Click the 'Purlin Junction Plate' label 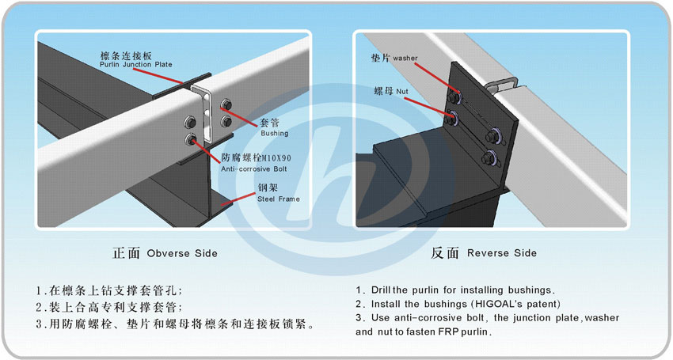[135, 64]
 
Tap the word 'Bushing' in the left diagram [274, 133]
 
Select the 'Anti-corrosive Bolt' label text [253, 169]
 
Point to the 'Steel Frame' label [278, 199]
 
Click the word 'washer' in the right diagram [405, 59]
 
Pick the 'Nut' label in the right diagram [402, 92]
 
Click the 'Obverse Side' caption [182, 253]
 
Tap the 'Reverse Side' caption [502, 253]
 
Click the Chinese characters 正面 [126, 253]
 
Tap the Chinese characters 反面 [445, 253]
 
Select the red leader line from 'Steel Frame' [238, 199]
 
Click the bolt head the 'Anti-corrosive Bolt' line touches [191, 138]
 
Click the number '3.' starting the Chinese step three [40, 324]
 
